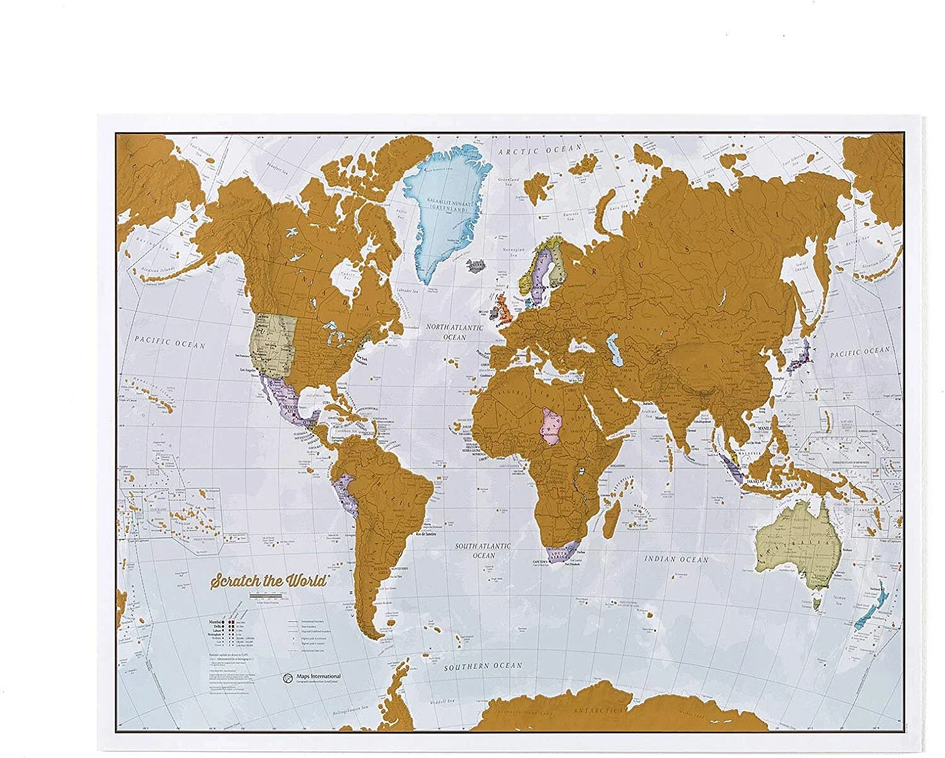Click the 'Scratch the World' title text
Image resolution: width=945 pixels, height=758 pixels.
point(268,580)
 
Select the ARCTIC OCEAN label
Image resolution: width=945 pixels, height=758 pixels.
point(540,151)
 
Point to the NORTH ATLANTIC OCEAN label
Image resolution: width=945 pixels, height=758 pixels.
point(454,332)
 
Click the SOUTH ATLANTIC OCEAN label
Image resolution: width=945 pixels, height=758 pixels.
point(484,551)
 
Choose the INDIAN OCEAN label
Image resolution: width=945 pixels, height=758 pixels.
point(676,559)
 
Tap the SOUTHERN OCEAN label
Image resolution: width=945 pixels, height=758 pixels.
point(483,666)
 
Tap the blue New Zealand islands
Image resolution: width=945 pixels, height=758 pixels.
point(873,608)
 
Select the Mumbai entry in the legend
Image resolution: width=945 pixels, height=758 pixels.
point(215,621)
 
